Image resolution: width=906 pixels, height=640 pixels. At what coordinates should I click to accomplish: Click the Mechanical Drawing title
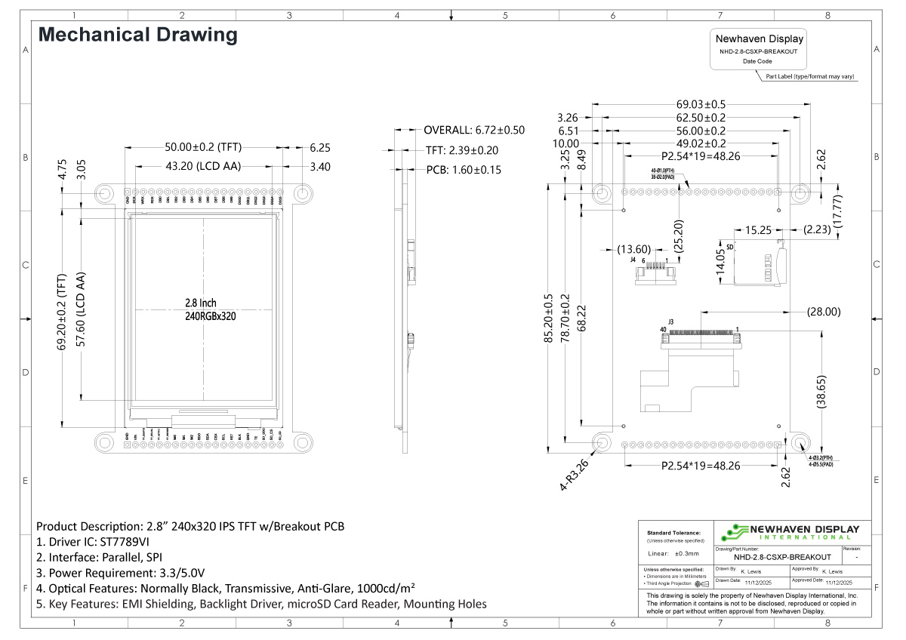point(137,35)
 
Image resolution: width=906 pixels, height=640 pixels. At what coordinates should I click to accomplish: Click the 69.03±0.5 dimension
point(701,104)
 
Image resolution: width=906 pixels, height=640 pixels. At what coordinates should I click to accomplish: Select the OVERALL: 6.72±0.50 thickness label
point(473,130)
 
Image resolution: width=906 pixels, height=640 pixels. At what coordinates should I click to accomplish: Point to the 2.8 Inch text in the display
point(201,303)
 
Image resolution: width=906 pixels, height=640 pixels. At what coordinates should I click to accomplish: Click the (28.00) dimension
point(824,311)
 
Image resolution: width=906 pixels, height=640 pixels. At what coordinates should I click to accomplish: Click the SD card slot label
point(730,246)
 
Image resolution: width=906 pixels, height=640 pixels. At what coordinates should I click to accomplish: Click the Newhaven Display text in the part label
point(760,39)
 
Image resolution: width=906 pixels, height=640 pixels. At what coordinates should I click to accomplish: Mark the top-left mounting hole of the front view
point(103,193)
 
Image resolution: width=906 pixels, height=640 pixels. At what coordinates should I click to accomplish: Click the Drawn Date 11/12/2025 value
point(760,583)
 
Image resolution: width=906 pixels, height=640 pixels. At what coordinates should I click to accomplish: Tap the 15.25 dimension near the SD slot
point(759,229)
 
